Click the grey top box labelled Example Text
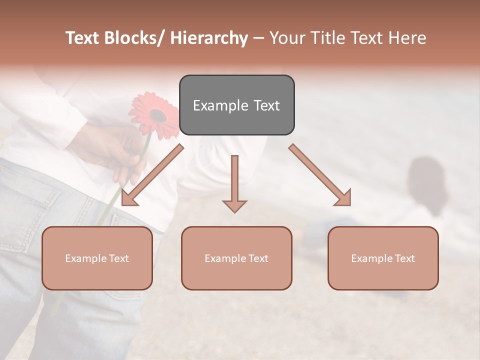pos(236,105)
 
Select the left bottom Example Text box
pos(97,258)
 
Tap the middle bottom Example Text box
pos(236,258)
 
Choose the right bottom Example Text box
pos(383,258)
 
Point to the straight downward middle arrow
pos(234,182)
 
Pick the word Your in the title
pos(287,38)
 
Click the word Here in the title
pos(407,38)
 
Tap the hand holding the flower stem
pos(110,150)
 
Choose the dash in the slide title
pos(258,38)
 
